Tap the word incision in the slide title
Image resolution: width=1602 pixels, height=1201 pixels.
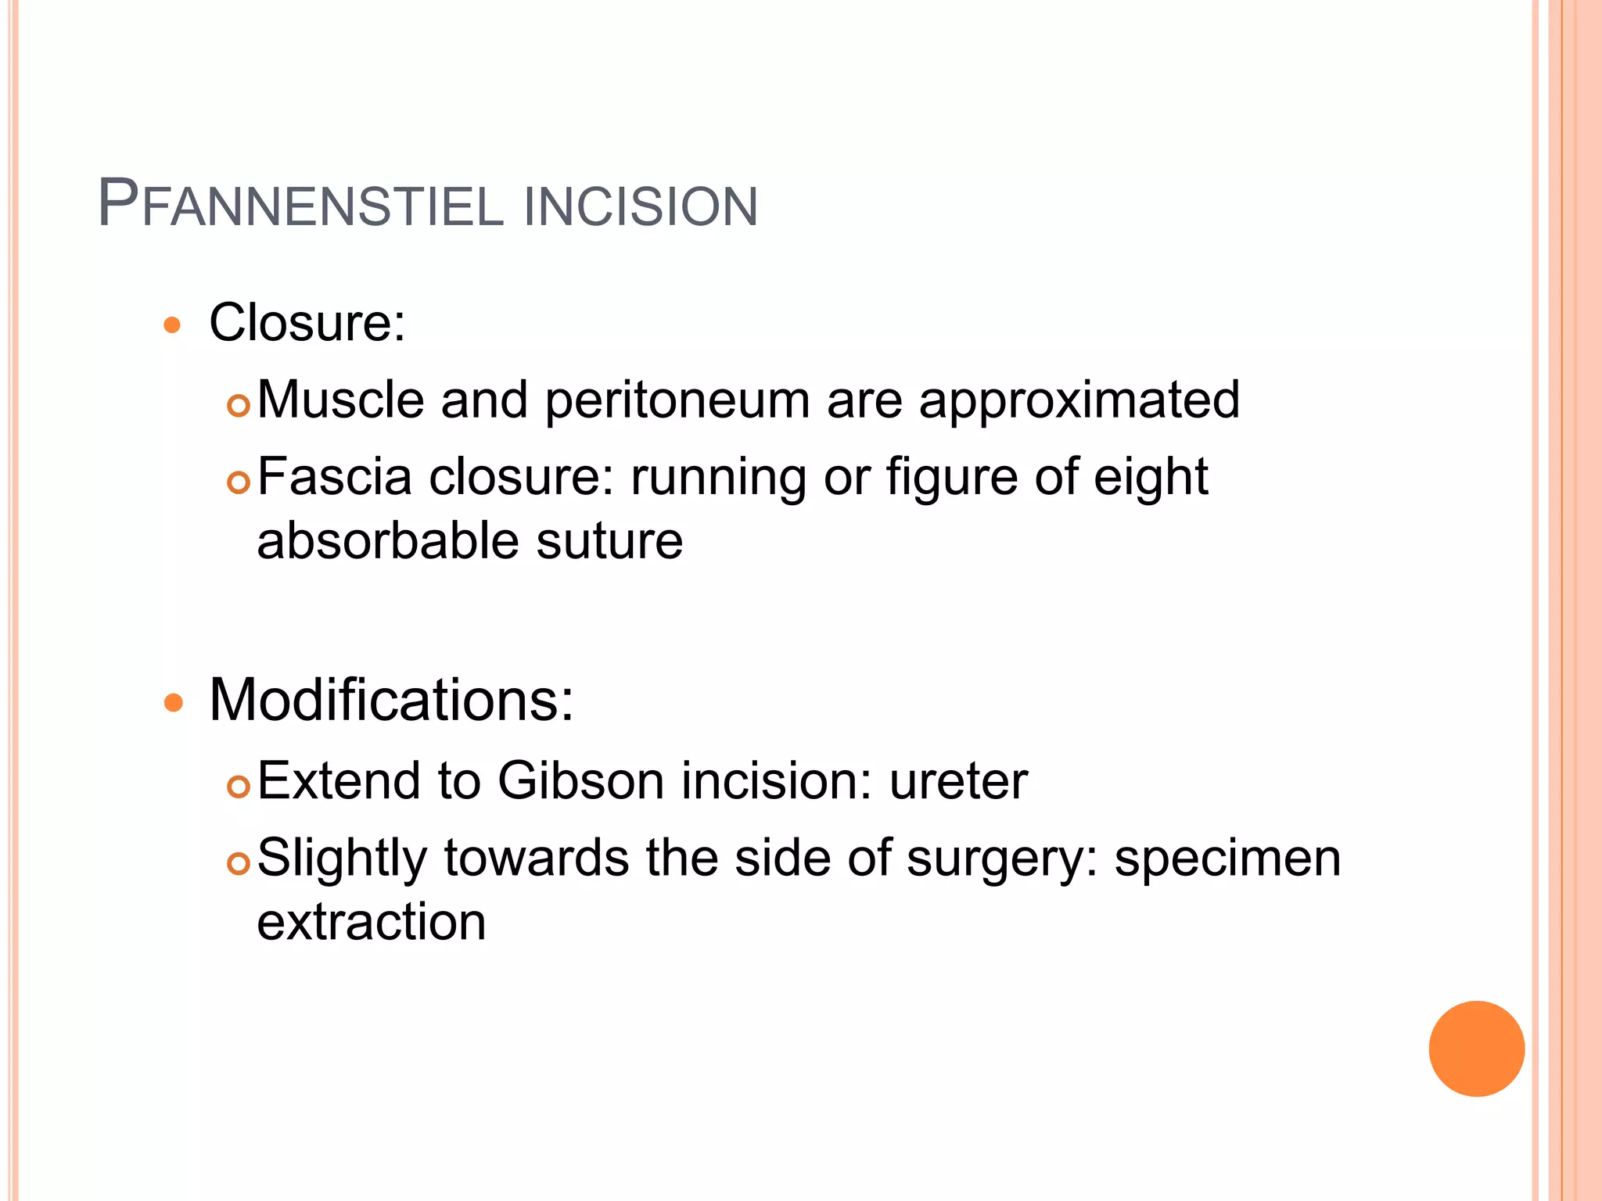[x=641, y=207]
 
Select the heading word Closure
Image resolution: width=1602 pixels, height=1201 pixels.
[x=307, y=322]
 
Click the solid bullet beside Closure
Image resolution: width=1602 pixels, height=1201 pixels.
[x=173, y=325]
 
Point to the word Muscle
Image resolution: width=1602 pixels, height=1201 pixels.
[x=340, y=400]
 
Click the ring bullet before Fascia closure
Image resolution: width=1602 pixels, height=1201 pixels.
[x=238, y=482]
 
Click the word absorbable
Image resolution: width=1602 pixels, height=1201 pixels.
[x=387, y=541]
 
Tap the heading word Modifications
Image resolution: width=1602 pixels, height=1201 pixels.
[x=391, y=699]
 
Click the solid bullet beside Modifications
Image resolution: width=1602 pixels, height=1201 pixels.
[x=173, y=703]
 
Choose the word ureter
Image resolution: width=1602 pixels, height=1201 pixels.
[x=958, y=782]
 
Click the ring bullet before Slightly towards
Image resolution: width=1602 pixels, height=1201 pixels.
[x=238, y=863]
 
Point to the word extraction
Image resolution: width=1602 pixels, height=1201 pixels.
[x=372, y=921]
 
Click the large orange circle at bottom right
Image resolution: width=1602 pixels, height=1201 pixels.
[x=1476, y=1049]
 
